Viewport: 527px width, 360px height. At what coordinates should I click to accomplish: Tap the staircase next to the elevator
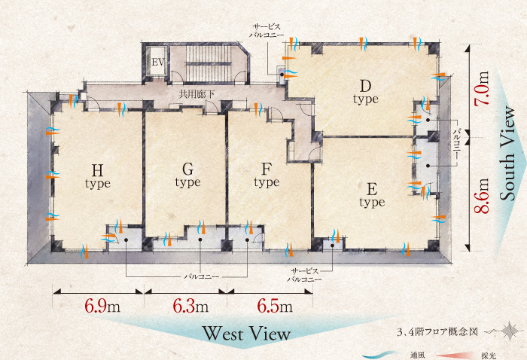point(209,63)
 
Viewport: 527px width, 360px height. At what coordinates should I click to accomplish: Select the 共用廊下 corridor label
point(196,94)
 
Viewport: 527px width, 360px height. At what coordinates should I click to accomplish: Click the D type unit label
point(366,92)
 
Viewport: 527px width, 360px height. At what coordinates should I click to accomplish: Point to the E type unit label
point(372,195)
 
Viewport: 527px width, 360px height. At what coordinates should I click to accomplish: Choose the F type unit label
point(267,175)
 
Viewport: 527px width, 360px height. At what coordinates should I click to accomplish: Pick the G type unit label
point(188,175)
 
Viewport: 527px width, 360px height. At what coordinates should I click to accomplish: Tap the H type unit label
point(98,176)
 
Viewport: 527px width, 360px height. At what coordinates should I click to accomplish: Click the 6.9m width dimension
point(102,306)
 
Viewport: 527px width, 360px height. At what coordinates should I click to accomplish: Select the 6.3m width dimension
point(190,306)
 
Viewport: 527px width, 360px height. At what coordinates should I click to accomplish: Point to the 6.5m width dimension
point(275,306)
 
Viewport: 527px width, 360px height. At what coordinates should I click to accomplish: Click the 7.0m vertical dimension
point(481,88)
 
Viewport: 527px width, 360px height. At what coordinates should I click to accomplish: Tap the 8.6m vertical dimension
point(481,196)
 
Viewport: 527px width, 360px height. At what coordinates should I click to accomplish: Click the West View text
point(247,334)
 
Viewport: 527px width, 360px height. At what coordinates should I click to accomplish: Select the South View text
point(507,154)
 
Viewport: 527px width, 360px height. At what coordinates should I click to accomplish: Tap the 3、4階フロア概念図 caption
point(437,332)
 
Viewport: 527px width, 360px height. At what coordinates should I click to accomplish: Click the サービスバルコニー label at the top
point(267,31)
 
